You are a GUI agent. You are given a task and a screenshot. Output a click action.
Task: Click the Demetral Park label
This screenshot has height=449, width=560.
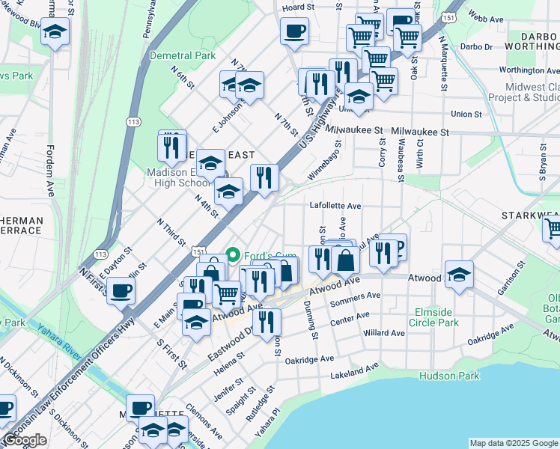[182, 55]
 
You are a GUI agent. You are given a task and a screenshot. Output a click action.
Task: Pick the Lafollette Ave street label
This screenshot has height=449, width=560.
[335, 205]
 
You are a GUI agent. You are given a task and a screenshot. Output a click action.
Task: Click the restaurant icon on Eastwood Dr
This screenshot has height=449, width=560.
[266, 322]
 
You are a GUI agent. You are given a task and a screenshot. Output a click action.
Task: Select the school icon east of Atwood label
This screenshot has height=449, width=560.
[459, 274]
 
